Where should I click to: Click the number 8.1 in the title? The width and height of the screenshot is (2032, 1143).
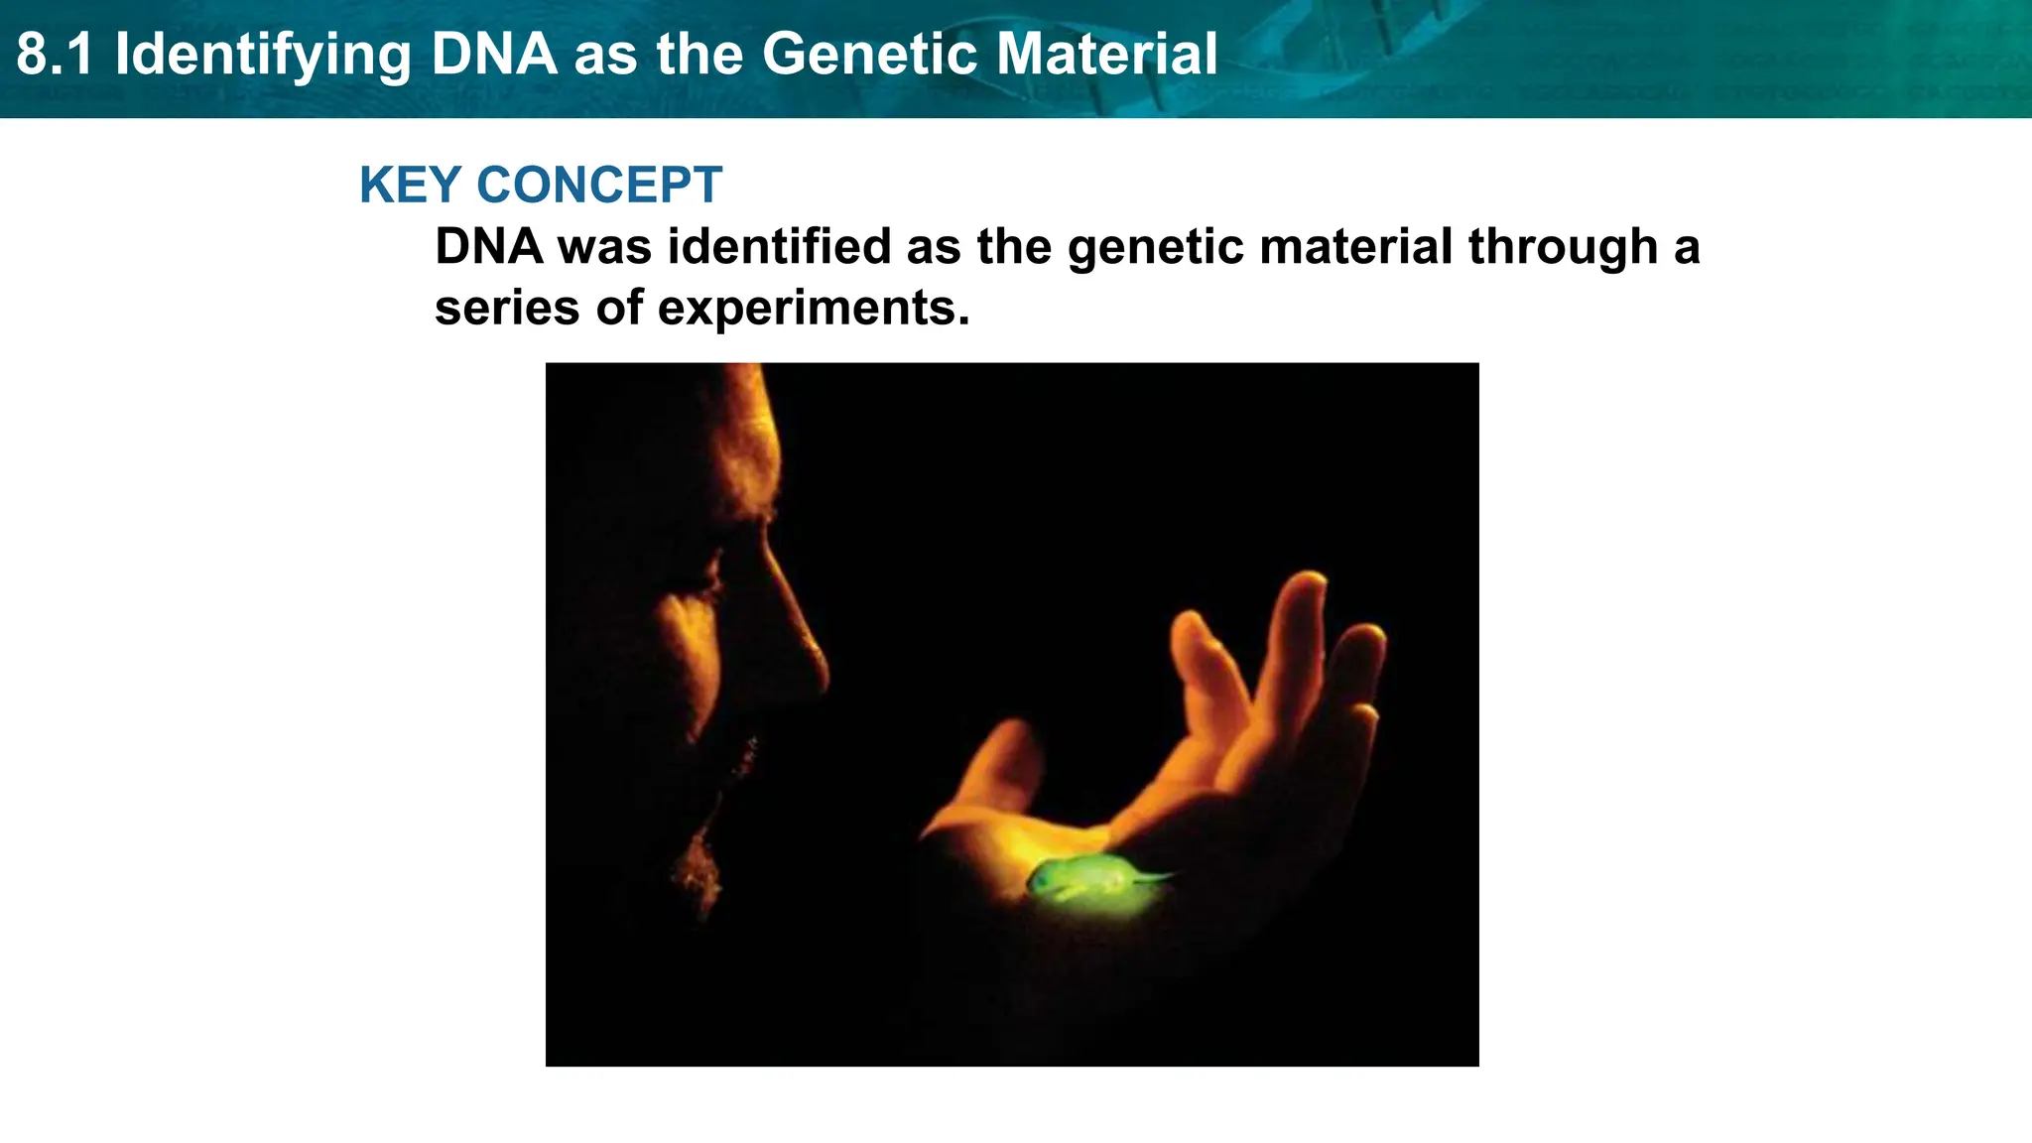click(x=56, y=55)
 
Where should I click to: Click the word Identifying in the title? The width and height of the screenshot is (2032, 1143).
click(x=263, y=55)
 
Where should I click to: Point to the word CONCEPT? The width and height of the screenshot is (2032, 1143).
click(x=599, y=186)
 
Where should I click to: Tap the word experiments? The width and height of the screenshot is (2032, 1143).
click(x=814, y=309)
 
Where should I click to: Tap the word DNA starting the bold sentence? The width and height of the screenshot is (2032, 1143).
click(x=489, y=246)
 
